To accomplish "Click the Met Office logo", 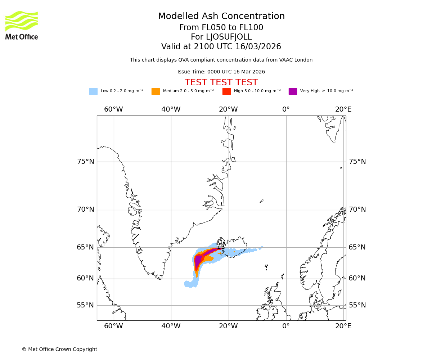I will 22,25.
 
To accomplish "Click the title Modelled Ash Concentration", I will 221,17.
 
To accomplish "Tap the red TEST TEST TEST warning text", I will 221,83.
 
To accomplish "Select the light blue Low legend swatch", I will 93,91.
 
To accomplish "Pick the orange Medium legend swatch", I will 156,91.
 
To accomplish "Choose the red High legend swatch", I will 226,91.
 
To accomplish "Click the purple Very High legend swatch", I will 293,91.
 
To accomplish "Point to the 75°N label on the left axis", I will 86,162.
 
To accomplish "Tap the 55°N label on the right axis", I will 357,305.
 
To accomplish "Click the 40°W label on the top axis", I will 171,109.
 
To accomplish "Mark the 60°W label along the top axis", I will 113,109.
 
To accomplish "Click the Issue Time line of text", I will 221,72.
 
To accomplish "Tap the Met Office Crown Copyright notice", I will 59,350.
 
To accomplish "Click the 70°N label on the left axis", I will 86,210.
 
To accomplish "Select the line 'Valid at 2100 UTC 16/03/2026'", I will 221,47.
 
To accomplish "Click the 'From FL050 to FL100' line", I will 221,28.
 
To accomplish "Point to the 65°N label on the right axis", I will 357,247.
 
